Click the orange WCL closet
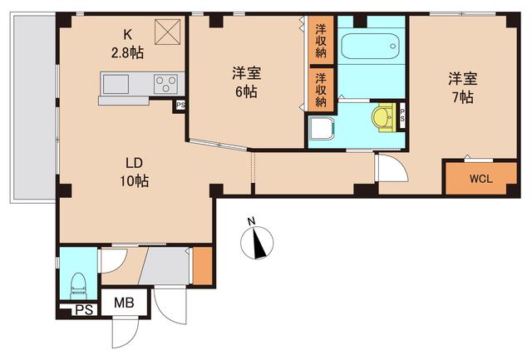tap(480, 178)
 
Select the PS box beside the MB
tap(81, 310)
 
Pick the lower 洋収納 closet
tap(320, 90)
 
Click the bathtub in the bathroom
tap(370, 47)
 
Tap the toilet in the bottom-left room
tap(80, 284)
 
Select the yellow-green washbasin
tap(383, 117)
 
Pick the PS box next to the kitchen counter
tap(180, 105)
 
